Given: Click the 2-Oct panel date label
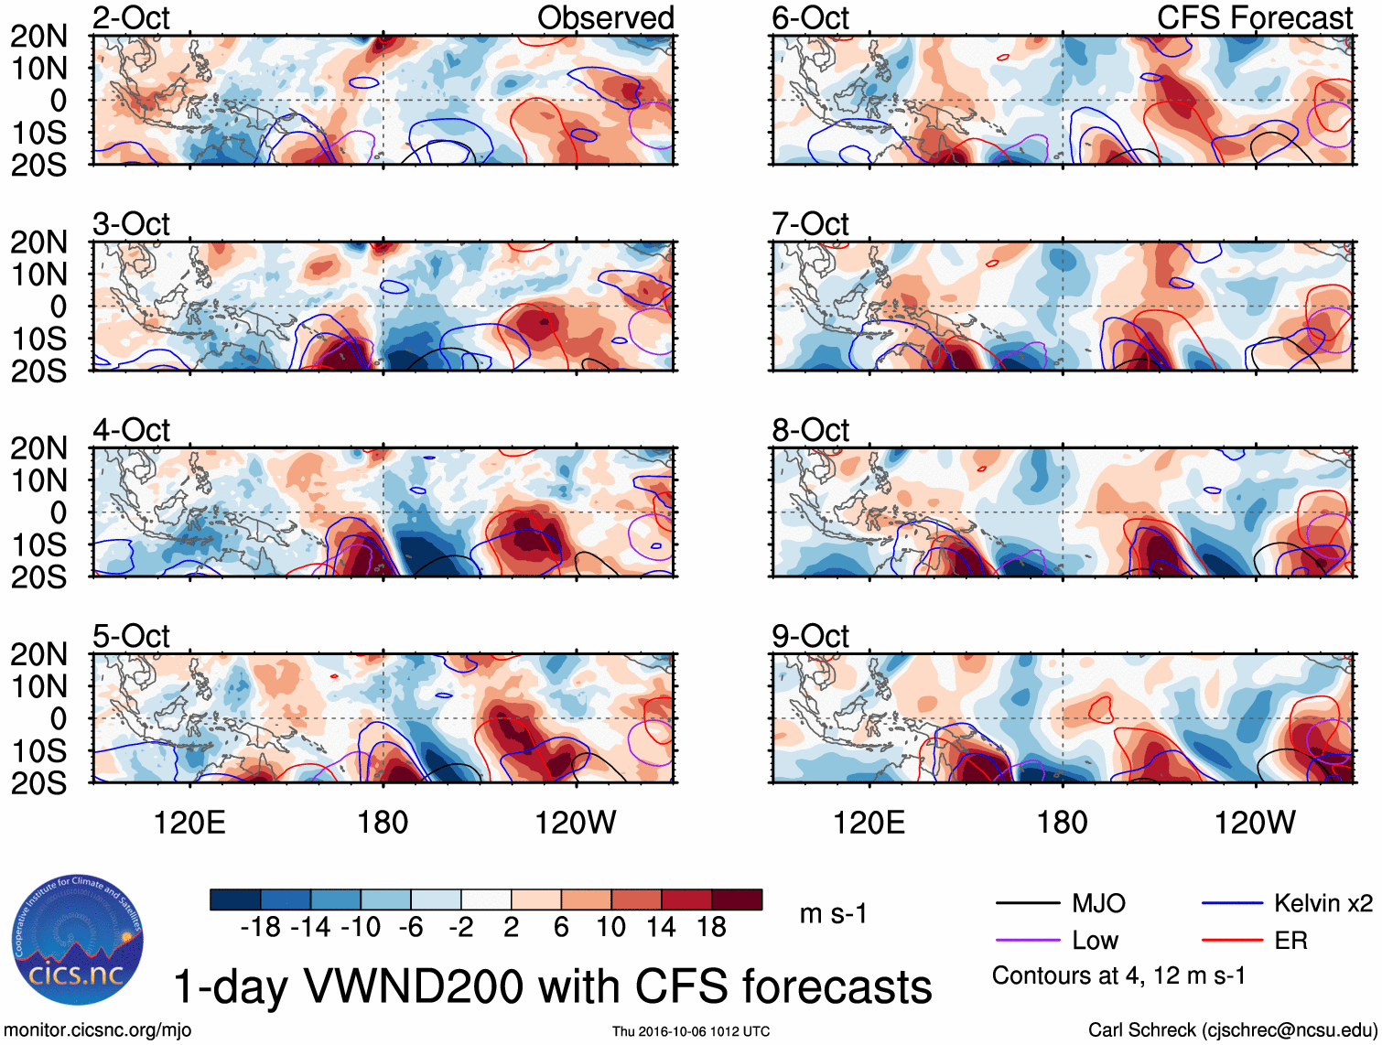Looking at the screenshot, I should pyautogui.click(x=131, y=18).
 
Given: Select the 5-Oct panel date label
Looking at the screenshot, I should pyautogui.click(x=131, y=636).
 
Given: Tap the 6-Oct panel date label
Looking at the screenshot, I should pyautogui.click(x=810, y=18).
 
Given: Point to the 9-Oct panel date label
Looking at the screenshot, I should pyautogui.click(x=810, y=636).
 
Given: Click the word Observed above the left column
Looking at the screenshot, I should pyautogui.click(x=605, y=18).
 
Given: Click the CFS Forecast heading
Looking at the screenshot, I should pyautogui.click(x=1254, y=18).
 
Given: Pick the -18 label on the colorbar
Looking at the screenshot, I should pyautogui.click(x=261, y=927).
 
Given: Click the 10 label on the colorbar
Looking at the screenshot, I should pyautogui.click(x=610, y=927).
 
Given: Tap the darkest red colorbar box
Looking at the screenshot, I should pyautogui.click(x=737, y=900).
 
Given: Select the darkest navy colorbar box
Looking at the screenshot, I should pyautogui.click(x=235, y=900).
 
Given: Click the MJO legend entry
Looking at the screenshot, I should pyautogui.click(x=1098, y=904).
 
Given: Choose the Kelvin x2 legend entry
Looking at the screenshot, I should pyautogui.click(x=1323, y=904).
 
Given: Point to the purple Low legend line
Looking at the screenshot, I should pyautogui.click(x=1027, y=940).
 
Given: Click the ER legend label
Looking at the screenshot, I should pyautogui.click(x=1290, y=941).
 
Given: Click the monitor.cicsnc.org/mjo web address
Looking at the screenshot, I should pyautogui.click(x=98, y=1030).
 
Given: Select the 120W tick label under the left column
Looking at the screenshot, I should pyautogui.click(x=575, y=823).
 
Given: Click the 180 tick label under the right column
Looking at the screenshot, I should pyautogui.click(x=1062, y=823).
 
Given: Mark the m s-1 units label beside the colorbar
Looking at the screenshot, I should pyautogui.click(x=833, y=914).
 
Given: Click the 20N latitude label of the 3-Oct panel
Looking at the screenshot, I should pyautogui.click(x=39, y=242).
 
